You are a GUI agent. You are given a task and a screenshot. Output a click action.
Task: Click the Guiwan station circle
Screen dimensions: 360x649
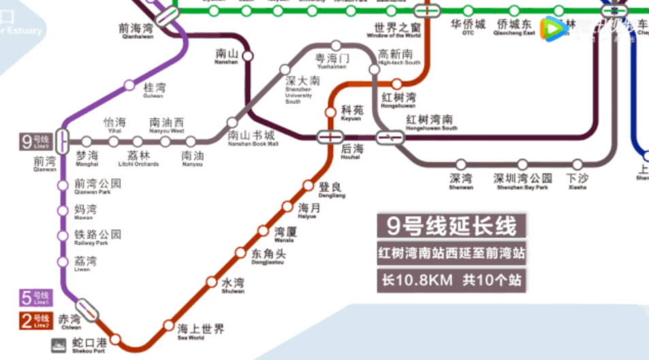129,85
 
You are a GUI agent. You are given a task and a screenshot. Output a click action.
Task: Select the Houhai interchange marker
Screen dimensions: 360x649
329,137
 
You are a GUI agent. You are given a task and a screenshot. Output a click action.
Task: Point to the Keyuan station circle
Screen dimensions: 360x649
330,112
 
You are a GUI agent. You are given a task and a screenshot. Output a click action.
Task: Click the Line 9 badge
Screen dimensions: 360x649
35,142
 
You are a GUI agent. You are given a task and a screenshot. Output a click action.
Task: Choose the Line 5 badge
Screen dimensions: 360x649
35,297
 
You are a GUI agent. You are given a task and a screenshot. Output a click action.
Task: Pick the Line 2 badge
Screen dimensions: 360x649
35,318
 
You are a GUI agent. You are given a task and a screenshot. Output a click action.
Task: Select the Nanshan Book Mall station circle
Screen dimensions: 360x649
232,123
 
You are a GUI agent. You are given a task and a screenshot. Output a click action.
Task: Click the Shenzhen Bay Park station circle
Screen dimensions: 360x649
522,165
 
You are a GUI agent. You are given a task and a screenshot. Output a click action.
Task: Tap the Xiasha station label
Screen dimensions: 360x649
577,181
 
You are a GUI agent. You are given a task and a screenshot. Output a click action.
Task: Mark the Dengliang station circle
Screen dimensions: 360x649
308,186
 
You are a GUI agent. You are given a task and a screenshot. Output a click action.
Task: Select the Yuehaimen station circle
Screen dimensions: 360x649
336,46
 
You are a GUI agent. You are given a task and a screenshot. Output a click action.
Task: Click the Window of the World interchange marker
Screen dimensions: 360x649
426,11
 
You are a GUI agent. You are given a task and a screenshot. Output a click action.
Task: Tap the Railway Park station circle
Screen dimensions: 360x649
63,236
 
